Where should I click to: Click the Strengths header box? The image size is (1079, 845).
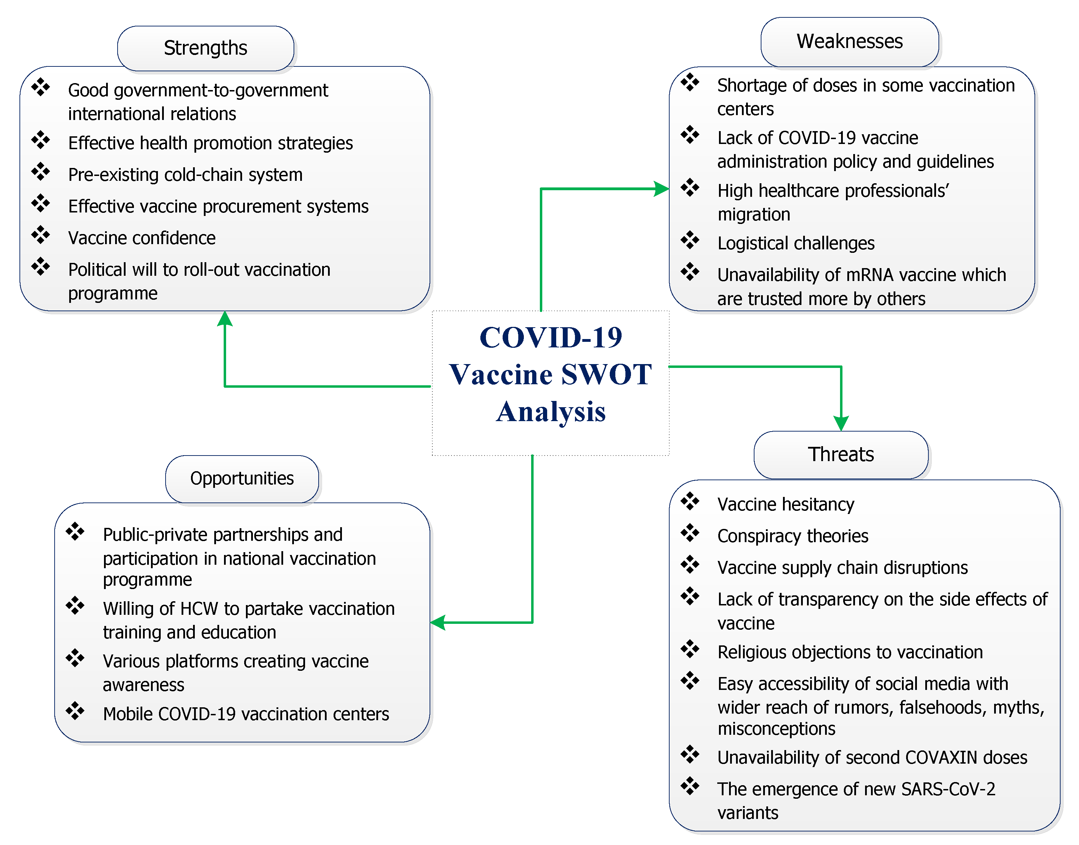pyautogui.click(x=206, y=48)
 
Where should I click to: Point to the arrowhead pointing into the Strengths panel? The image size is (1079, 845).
pyautogui.click(x=225, y=319)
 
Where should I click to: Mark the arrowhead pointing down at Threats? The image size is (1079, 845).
pyautogui.click(x=841, y=423)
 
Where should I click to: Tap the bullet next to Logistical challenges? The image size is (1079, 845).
pyautogui.click(x=689, y=240)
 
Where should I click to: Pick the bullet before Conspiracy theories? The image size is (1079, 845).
pyautogui.click(x=689, y=533)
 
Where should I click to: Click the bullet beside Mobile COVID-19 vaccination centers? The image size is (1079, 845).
pyautogui.click(x=75, y=710)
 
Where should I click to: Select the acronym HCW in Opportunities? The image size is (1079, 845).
pyautogui.click(x=199, y=609)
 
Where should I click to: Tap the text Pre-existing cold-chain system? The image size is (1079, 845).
pyautogui.click(x=185, y=175)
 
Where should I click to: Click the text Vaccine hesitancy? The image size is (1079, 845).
pyautogui.click(x=785, y=504)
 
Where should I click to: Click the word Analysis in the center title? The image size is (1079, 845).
pyautogui.click(x=551, y=412)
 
